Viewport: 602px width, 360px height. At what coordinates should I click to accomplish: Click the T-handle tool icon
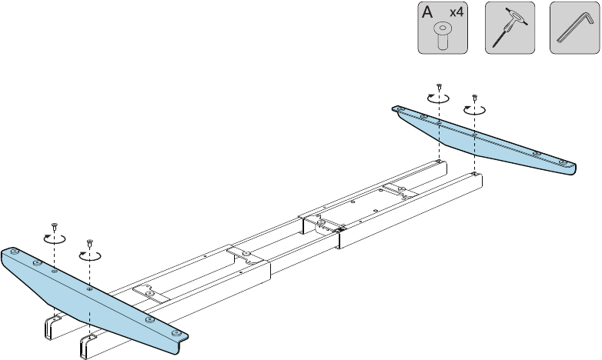510,28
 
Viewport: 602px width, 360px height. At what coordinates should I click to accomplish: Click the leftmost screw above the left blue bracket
54,225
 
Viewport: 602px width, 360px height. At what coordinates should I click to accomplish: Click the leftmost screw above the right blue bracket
438,86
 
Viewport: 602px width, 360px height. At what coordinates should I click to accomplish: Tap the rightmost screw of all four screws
474,98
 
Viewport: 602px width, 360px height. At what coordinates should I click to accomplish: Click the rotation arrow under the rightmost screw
474,110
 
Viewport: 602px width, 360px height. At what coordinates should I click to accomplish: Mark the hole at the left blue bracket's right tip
178,334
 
